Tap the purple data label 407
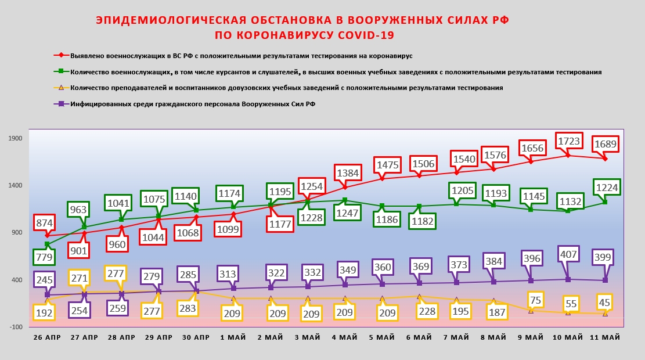(x=568, y=254)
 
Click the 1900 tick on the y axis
(x=16, y=138)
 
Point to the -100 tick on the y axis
(x=16, y=327)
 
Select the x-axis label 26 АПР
(x=47, y=337)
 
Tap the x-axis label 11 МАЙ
(x=605, y=337)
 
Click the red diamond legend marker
(x=59, y=56)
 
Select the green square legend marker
(x=59, y=72)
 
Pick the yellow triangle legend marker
(x=59, y=88)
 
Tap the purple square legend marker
(x=59, y=104)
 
